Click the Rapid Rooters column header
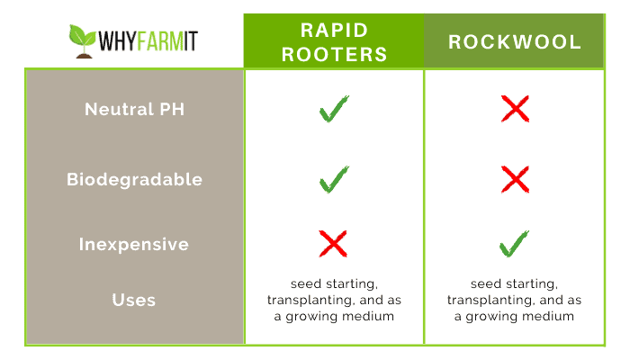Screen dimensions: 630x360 (334, 41)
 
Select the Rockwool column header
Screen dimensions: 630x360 (515, 41)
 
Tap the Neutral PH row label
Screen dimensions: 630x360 (135, 109)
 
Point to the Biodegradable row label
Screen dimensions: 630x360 (135, 179)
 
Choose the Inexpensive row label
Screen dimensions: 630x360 (134, 244)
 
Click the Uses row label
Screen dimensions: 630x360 (134, 300)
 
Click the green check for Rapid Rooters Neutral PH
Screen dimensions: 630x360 (333, 110)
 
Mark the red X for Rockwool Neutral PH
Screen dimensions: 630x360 (515, 109)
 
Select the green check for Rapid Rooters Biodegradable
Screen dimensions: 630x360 (333, 180)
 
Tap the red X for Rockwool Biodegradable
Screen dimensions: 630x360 (515, 179)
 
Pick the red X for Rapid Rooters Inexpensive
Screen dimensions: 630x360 (333, 244)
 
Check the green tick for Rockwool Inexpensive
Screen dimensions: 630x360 (513, 245)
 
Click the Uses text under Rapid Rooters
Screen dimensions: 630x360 (334, 300)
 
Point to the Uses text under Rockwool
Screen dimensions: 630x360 (514, 300)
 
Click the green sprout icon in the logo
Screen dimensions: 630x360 (83, 41)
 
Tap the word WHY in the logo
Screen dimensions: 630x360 (117, 41)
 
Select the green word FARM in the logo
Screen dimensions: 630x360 (160, 41)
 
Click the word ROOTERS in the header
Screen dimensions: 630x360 (334, 54)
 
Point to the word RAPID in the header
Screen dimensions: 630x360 (334, 30)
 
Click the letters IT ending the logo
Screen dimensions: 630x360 (191, 41)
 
